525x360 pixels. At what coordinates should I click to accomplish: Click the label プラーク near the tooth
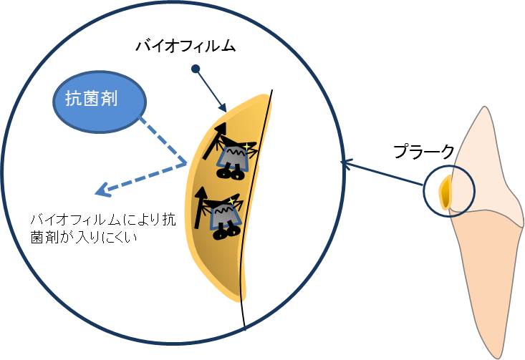coord(424,151)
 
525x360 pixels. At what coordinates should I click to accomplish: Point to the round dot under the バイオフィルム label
coord(195,69)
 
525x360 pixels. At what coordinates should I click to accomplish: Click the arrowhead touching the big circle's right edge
coord(345,165)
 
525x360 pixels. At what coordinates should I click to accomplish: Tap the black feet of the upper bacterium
coord(230,172)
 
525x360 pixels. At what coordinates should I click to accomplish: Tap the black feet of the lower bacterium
coord(228,230)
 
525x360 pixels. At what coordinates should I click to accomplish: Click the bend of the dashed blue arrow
coord(187,164)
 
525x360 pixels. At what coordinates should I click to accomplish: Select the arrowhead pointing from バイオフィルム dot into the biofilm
coord(225,108)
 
